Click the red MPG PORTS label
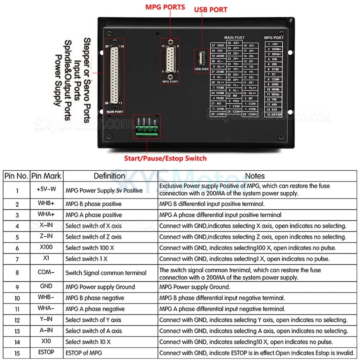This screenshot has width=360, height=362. tap(165, 7)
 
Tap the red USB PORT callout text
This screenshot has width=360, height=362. tap(211, 9)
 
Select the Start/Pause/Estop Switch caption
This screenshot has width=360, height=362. tap(165, 158)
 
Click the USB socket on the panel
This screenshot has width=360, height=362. tap(201, 59)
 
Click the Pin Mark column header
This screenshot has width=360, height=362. tap(46, 176)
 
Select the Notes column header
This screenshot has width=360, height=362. tap(255, 176)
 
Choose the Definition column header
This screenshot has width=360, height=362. tap(109, 176)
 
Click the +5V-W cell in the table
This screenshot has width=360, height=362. tap(46, 189)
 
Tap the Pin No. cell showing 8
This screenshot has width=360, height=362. tap(17, 273)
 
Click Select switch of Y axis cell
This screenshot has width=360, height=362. tap(93, 320)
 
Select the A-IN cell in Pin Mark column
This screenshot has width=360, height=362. tap(46, 331)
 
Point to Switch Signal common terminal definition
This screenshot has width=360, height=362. tap(105, 273)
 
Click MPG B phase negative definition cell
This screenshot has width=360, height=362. tap(95, 298)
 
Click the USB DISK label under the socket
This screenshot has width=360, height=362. tap(202, 69)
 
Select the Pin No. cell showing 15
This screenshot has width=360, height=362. tap(17, 353)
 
